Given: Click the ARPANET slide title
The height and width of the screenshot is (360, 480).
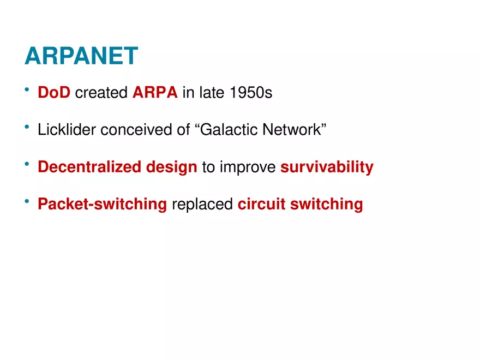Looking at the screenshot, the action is (81, 56).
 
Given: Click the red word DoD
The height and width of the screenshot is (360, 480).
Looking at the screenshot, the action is (54, 92).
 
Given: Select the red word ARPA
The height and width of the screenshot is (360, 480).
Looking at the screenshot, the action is (155, 92).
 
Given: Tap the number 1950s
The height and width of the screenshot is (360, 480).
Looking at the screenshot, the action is (251, 92).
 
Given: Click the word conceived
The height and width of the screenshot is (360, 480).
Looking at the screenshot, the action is (136, 129).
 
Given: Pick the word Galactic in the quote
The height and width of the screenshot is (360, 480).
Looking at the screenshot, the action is (229, 129).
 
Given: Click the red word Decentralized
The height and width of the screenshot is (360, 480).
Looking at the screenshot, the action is (89, 166).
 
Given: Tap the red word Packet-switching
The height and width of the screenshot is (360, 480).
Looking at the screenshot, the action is (102, 205).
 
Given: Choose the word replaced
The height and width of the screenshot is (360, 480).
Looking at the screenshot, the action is (202, 205).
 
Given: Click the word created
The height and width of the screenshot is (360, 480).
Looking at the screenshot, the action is (101, 92).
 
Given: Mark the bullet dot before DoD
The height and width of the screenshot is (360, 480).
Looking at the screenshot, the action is (27, 89).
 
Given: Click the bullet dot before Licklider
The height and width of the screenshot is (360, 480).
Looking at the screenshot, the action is (27, 127).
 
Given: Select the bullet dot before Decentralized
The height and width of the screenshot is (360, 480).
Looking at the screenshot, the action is (27, 164).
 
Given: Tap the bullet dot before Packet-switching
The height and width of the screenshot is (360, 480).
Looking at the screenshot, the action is (27, 201).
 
